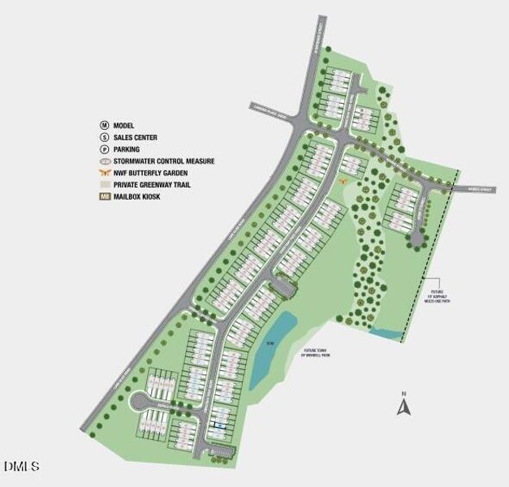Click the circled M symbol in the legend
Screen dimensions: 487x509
click(104, 126)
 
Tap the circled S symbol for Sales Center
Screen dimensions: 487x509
click(104, 138)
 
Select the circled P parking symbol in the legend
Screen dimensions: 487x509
click(104, 149)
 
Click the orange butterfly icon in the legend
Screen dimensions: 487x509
click(104, 173)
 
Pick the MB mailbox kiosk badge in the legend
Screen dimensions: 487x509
click(104, 196)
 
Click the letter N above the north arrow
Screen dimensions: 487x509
click(403, 394)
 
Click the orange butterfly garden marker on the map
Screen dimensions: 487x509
click(344, 180)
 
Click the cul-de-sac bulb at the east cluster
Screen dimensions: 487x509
click(416, 237)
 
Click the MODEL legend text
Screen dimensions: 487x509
click(124, 126)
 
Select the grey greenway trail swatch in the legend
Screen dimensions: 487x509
click(104, 185)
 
